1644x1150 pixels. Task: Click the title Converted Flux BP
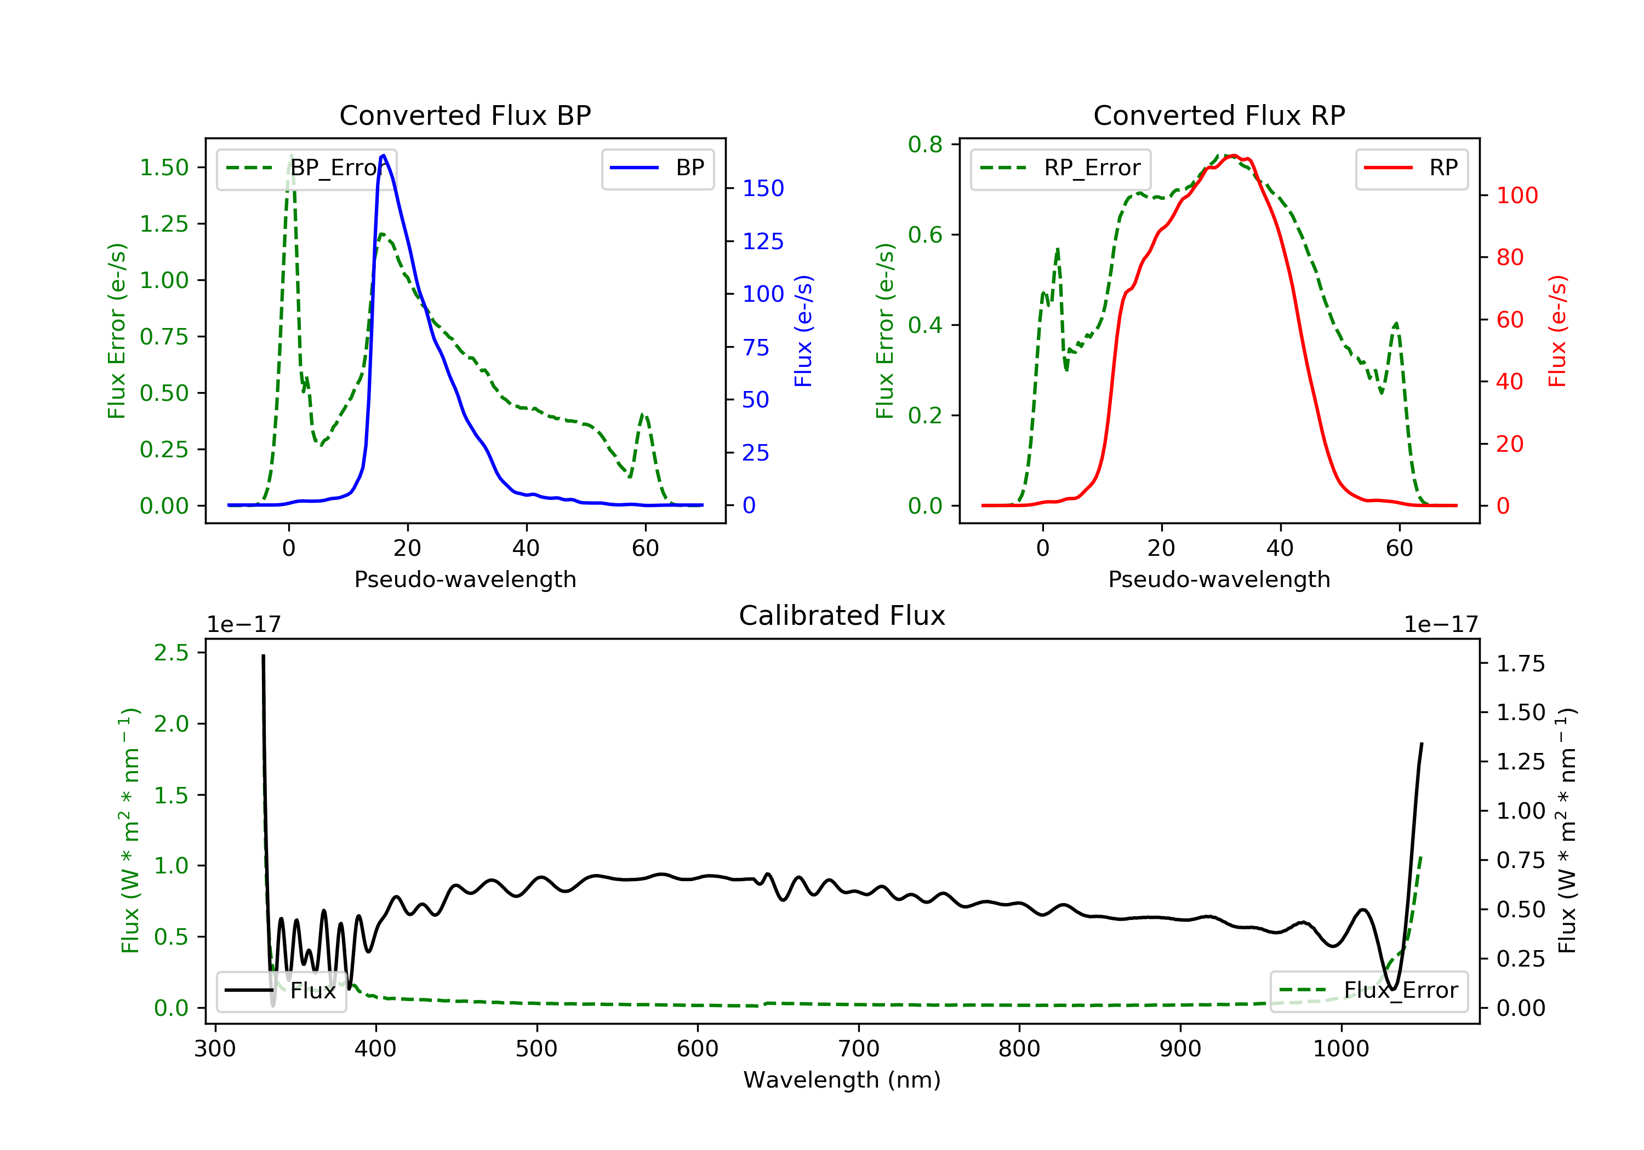tap(465, 115)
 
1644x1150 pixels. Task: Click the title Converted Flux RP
tap(1219, 115)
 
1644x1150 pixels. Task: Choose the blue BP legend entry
tap(657, 168)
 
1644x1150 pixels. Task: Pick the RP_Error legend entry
tap(1060, 168)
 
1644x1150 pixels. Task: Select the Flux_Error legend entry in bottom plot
tap(1368, 991)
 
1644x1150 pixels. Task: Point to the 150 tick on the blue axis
tap(763, 188)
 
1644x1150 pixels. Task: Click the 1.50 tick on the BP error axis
tap(164, 168)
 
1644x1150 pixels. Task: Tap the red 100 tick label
tap(1516, 196)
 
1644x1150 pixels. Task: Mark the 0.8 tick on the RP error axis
tap(925, 145)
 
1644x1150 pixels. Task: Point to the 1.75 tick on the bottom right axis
tap(1520, 664)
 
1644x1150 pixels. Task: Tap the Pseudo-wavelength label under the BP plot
tap(465, 579)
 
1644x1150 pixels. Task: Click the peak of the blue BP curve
tap(384, 156)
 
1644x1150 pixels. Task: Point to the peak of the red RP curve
tap(1233, 156)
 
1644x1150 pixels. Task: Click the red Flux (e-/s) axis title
tap(1558, 331)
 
